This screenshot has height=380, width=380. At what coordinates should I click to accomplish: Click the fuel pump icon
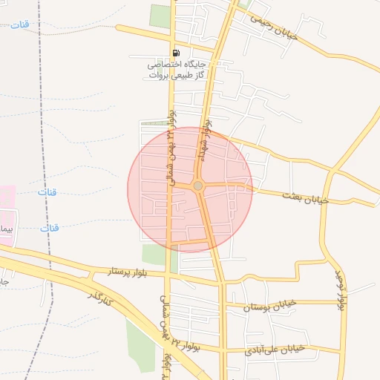click(x=176, y=53)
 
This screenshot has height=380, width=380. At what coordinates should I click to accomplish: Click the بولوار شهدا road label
click(x=207, y=141)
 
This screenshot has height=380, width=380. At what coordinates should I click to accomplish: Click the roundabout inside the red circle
click(x=198, y=186)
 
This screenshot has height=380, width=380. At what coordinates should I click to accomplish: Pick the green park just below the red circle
click(x=154, y=254)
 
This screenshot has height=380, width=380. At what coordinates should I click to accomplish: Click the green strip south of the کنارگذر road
click(x=140, y=346)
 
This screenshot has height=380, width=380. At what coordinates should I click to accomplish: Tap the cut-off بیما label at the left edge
click(x=7, y=229)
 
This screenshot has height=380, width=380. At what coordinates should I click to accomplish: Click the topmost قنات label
click(x=20, y=25)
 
